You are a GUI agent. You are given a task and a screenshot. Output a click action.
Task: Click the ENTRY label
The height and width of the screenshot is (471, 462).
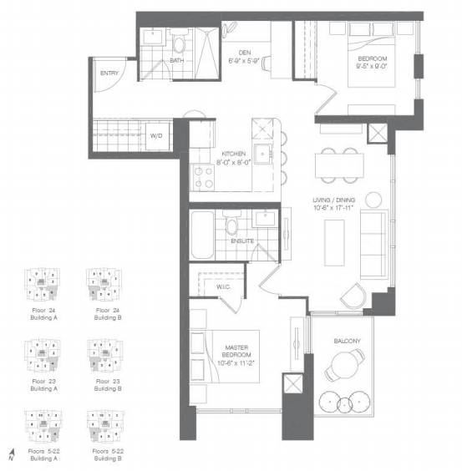109,73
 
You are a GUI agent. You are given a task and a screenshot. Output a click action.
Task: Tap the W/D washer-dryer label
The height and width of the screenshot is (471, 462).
156,135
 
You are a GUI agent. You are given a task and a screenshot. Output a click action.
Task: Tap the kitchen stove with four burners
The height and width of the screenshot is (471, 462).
205,176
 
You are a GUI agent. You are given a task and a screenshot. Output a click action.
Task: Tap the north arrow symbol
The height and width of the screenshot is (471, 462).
11,454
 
